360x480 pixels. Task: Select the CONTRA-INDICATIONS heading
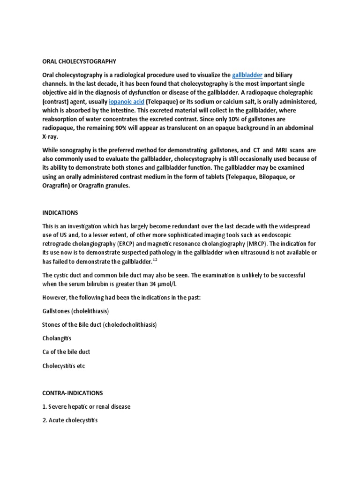coord(72,392)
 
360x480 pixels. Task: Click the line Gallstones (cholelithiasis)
coord(75,311)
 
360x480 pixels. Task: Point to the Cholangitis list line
coord(57,338)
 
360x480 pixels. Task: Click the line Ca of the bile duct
coord(66,352)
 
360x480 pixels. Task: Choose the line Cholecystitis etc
coord(64,365)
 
